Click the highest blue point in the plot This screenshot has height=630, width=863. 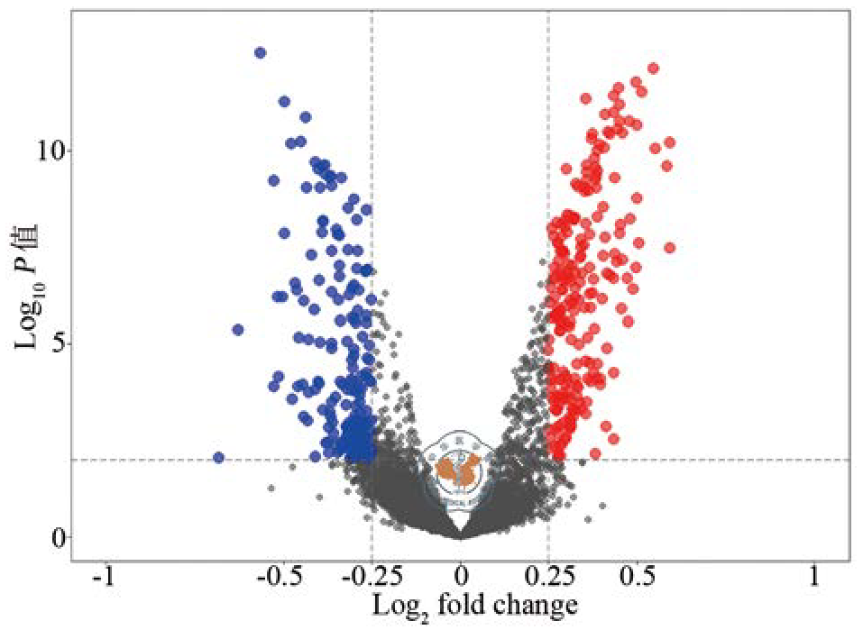point(261,53)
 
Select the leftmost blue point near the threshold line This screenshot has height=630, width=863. point(218,458)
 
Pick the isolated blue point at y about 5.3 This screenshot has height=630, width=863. point(238,330)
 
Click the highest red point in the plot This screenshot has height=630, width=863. point(653,68)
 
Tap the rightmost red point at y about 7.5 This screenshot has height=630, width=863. point(669,248)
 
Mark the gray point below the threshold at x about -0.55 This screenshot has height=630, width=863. point(271,487)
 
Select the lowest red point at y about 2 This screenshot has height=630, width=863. point(595,453)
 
